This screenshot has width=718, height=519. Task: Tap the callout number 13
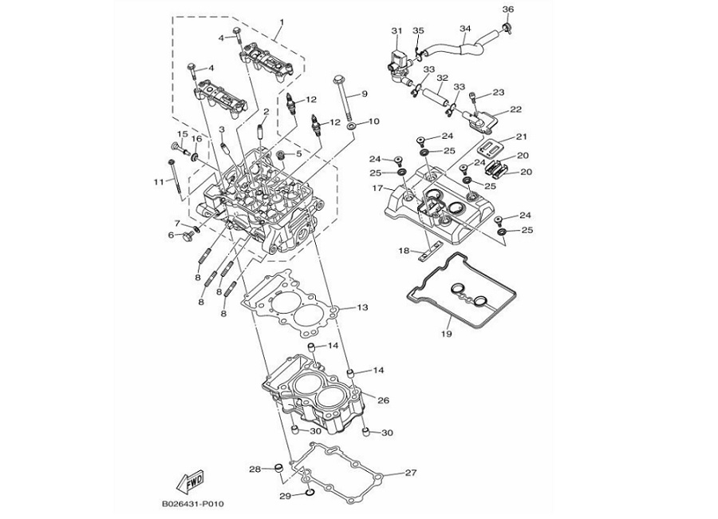[x=361, y=307]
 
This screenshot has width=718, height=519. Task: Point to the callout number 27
[x=410, y=473]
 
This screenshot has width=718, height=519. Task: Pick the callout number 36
[x=508, y=9]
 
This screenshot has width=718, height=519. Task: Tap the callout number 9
[x=364, y=93]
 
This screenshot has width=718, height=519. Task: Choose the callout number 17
[x=377, y=188]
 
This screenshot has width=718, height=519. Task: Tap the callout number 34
[x=465, y=30]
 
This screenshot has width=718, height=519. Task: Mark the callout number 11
[x=159, y=183]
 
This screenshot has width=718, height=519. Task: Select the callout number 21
[x=521, y=137]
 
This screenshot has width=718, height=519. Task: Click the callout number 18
[x=404, y=251]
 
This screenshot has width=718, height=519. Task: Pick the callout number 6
[x=172, y=236]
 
